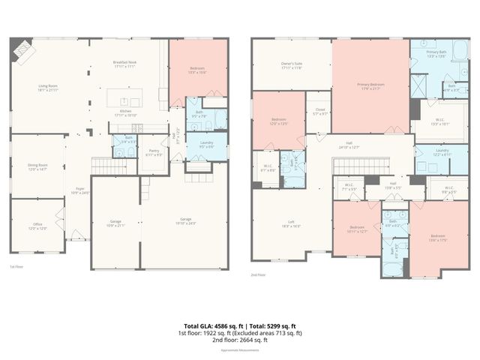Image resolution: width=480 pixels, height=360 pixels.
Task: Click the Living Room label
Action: coord(49,87)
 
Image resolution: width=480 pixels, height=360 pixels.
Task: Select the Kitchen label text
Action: coord(127,112)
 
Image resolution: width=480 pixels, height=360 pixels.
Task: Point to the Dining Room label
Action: coord(37,167)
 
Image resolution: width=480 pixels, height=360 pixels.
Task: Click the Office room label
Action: coord(37,226)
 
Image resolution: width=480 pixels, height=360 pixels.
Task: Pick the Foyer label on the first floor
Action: coord(79,190)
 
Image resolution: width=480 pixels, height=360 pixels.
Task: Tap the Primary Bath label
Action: coord(436,54)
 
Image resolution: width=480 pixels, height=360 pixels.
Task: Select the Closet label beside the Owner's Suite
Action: coord(319,112)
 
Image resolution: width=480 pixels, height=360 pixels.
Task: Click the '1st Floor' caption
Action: coord(16,265)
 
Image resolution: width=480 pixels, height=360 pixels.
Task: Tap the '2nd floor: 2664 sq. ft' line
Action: coord(240,340)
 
